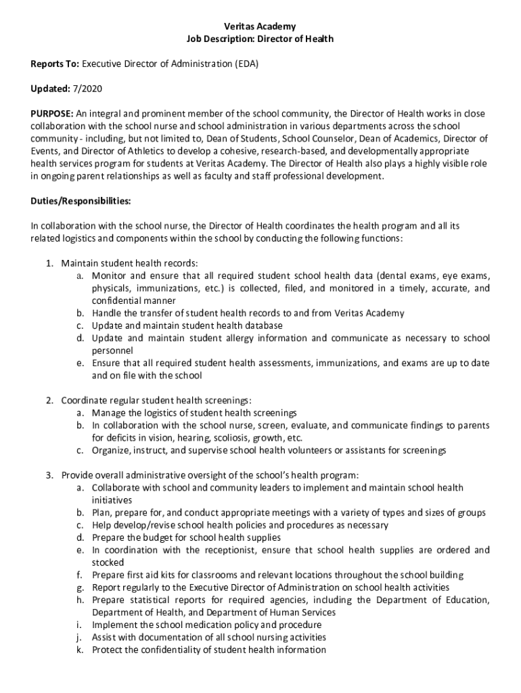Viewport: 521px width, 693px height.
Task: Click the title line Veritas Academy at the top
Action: pos(260,26)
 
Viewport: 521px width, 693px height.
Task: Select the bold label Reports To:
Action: pos(55,64)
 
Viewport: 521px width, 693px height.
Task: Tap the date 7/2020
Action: pos(87,89)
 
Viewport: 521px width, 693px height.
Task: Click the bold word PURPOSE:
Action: pos(52,114)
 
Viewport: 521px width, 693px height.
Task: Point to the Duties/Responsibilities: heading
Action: pos(81,201)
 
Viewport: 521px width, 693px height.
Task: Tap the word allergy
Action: pos(229,338)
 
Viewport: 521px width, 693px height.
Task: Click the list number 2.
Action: pos(50,401)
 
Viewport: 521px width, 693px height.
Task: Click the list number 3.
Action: pos(50,475)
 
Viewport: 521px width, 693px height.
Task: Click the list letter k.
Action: pos(79,650)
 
